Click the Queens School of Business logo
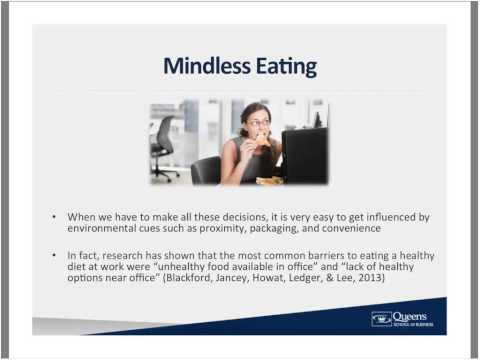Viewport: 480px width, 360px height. (x=404, y=319)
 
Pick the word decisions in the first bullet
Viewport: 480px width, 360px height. (x=219, y=216)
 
